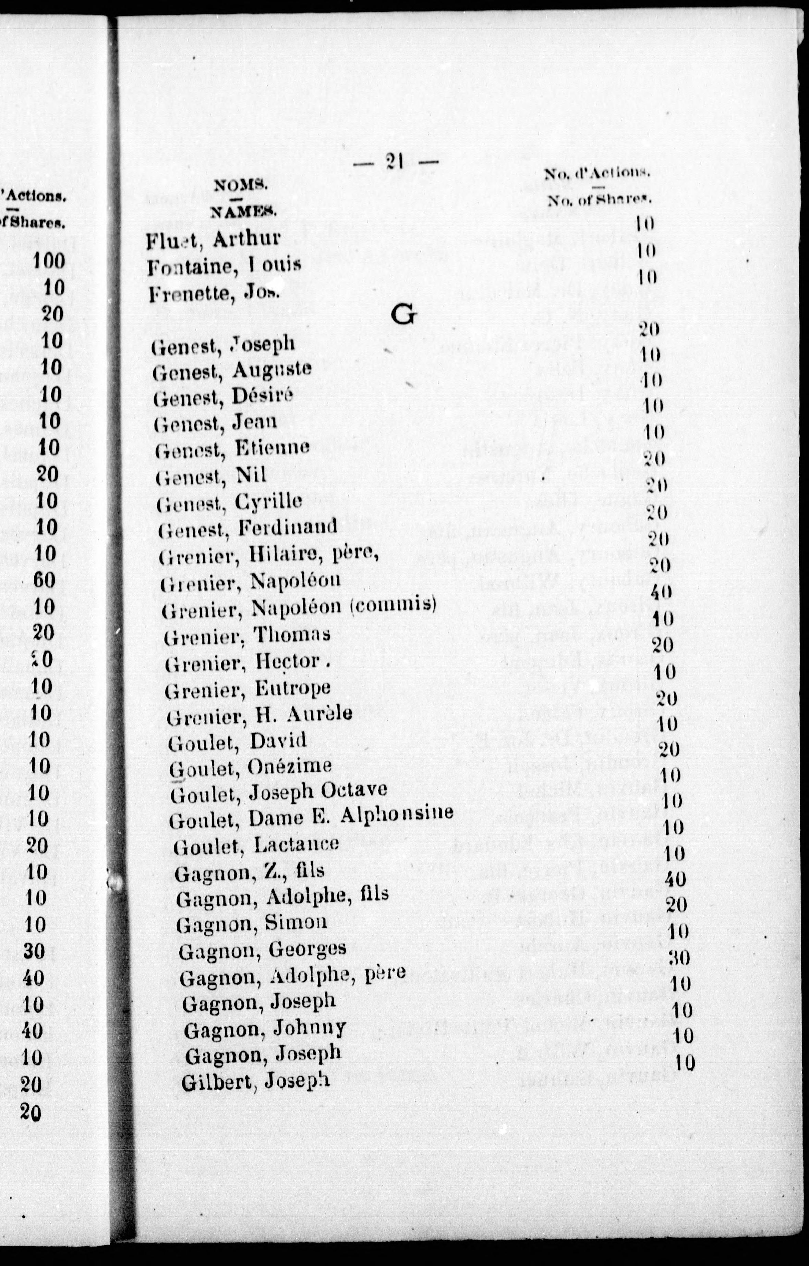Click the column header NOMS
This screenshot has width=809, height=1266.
[x=240, y=185]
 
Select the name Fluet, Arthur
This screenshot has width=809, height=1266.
[x=213, y=240]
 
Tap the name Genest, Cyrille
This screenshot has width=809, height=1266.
[x=229, y=502]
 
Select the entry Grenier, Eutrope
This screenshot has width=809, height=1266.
[x=248, y=689]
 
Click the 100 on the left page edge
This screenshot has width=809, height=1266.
[x=49, y=260]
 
